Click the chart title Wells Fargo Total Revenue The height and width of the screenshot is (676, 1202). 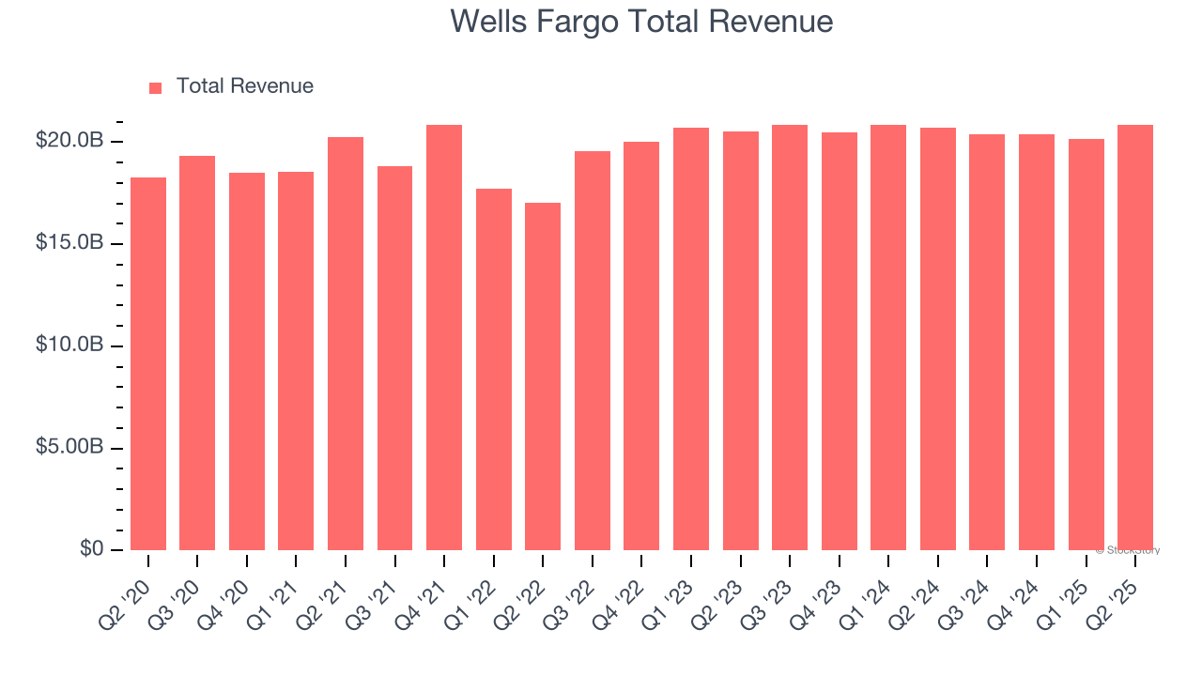click(x=641, y=21)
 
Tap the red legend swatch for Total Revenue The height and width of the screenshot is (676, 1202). click(x=156, y=87)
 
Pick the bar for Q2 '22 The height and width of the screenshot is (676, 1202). click(x=543, y=376)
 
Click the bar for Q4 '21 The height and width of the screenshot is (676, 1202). click(x=444, y=337)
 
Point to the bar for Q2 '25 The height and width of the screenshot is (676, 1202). click(x=1134, y=337)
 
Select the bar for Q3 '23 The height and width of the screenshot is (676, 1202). click(x=790, y=337)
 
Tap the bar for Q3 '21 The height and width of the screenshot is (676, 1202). click(x=394, y=358)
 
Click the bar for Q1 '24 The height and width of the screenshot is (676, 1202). click(x=888, y=337)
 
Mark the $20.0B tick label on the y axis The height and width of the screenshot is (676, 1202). click(x=69, y=141)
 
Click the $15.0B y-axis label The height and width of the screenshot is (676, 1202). click(x=69, y=243)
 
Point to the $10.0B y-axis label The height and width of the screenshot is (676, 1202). click(x=69, y=346)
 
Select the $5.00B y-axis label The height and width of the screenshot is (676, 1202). click(x=69, y=447)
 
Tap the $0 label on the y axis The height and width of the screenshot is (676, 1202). click(x=90, y=549)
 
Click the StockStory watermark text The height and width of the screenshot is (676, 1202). click(x=1129, y=550)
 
